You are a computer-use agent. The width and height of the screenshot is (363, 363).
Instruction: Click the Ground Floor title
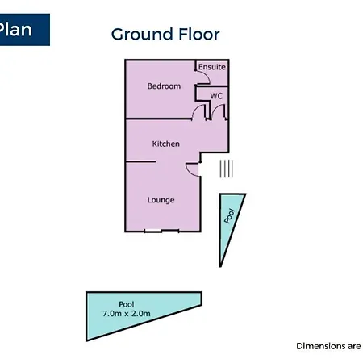(165, 35)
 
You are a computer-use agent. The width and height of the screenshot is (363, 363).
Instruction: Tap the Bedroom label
(164, 86)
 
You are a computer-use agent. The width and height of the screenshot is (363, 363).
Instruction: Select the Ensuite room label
(212, 67)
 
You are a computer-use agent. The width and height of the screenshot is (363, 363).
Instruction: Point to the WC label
(216, 96)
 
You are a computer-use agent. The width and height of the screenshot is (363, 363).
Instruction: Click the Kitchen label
(165, 144)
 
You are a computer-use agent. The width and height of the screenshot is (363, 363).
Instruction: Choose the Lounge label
(161, 200)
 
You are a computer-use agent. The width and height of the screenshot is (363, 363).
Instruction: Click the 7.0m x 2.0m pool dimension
(127, 313)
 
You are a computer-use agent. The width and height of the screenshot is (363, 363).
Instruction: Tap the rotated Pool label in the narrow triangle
(230, 215)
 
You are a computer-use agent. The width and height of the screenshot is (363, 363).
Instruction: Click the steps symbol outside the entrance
(226, 169)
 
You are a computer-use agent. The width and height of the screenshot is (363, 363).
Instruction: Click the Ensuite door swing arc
(207, 75)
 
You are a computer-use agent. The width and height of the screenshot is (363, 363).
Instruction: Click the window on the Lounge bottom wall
(161, 231)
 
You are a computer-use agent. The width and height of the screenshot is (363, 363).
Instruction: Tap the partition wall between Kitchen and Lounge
(140, 161)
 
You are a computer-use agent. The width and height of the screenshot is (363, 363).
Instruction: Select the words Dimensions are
(328, 346)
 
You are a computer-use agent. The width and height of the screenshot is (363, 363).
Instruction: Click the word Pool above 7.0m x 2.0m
(127, 304)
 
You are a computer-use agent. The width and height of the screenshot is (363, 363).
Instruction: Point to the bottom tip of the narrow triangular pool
(220, 267)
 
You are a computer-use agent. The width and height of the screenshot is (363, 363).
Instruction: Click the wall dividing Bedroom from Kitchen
(159, 119)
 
